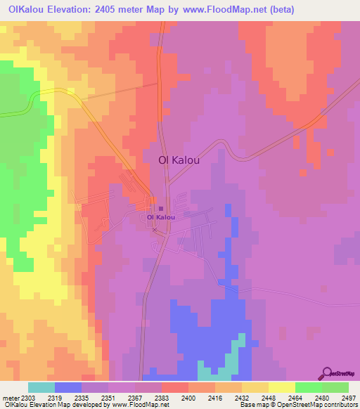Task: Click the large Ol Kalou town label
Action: pos(179,160)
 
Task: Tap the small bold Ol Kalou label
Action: pos(161,217)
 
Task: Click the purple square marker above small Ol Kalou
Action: pos(161,209)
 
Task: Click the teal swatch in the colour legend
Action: pos(41,387)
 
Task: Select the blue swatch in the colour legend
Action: pos(68,387)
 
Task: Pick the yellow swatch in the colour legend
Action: pos(282,387)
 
